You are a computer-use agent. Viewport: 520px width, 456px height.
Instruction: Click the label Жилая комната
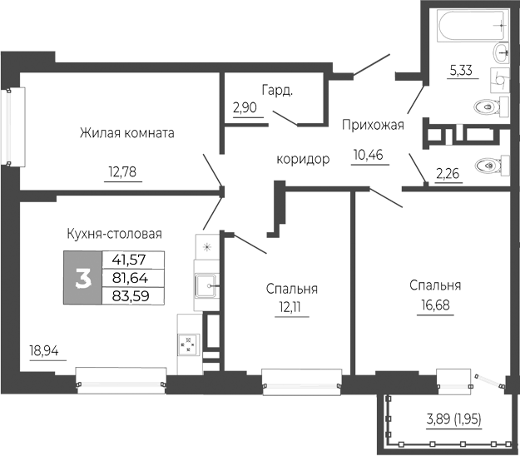[x=127, y=133]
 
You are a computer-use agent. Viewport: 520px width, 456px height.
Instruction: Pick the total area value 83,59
[x=131, y=294]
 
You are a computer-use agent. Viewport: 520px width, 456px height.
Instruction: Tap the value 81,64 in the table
[x=131, y=277]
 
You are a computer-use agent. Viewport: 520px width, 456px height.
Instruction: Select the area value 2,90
[x=246, y=109]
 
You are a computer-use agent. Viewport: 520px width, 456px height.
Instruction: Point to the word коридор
[x=304, y=159]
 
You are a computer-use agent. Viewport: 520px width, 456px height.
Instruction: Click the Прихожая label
[x=373, y=126]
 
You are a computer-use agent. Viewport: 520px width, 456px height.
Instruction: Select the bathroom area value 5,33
[x=461, y=71]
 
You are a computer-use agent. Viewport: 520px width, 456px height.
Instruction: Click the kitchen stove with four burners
[x=189, y=344]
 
